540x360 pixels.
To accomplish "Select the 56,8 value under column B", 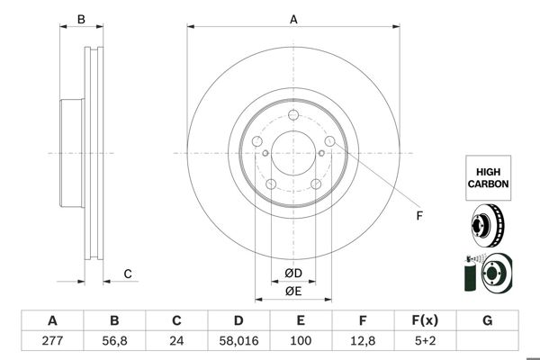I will pyautogui.click(x=114, y=341).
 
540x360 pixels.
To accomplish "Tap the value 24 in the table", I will pyautogui.click(x=177, y=341).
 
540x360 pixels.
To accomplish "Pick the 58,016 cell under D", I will pyautogui.click(x=238, y=341).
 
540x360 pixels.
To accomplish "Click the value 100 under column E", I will pyautogui.click(x=301, y=341).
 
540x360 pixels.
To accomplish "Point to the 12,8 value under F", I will pyautogui.click(x=364, y=341).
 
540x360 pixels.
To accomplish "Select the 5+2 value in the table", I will pyautogui.click(x=426, y=341).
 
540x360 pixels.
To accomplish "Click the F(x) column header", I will pyautogui.click(x=426, y=320).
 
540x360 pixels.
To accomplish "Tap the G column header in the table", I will pyautogui.click(x=488, y=320).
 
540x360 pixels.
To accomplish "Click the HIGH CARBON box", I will pyautogui.click(x=488, y=176).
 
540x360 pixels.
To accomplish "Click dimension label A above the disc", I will pyautogui.click(x=293, y=19).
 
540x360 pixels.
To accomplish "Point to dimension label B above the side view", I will pyautogui.click(x=80, y=19).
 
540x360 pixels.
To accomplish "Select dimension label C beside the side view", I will pyautogui.click(x=128, y=274).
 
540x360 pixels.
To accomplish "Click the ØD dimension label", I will pyautogui.click(x=293, y=274).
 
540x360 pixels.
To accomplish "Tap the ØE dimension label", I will pyautogui.click(x=293, y=291).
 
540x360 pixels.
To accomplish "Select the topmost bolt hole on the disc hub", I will pyautogui.click(x=293, y=113).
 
